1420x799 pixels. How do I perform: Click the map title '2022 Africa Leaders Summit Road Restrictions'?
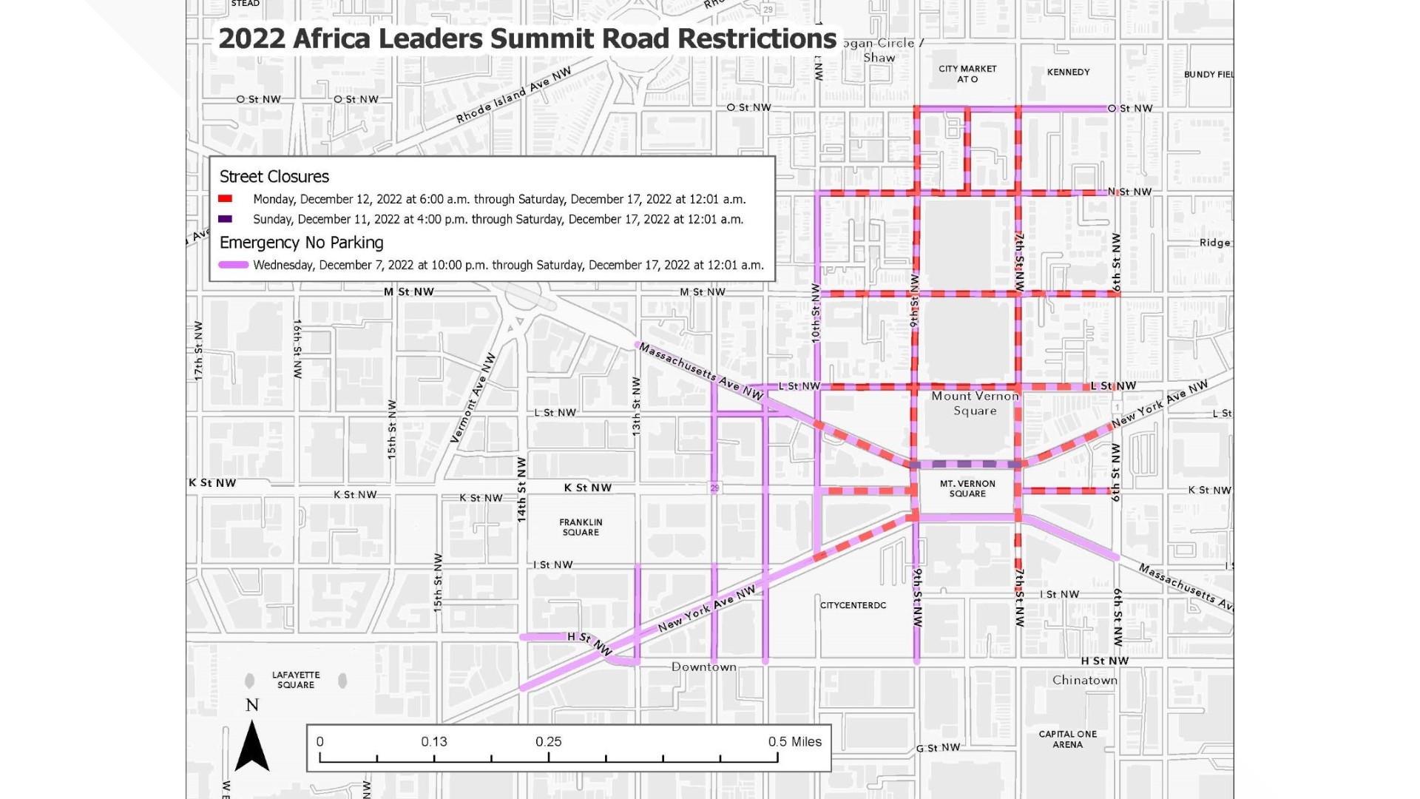click(527, 38)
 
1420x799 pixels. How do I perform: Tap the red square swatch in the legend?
click(226, 199)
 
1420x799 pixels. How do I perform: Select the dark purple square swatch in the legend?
click(226, 219)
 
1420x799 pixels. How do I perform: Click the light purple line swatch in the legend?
click(233, 265)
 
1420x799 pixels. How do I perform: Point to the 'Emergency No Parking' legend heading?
click(301, 243)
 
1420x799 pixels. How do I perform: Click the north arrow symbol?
click(251, 744)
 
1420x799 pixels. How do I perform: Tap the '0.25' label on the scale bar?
click(548, 741)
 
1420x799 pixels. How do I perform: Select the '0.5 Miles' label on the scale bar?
click(794, 741)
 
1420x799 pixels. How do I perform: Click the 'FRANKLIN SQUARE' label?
click(581, 527)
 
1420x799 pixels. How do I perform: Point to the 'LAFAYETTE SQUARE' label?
click(296, 680)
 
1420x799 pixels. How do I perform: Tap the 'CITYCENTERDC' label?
click(853, 605)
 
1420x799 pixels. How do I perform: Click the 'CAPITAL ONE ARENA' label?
click(1067, 739)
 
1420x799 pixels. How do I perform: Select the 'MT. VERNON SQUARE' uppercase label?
click(967, 488)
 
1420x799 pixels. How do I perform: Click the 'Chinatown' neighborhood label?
click(1085, 680)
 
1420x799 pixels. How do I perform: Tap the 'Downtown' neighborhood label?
click(703, 667)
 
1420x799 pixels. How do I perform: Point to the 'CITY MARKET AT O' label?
click(967, 73)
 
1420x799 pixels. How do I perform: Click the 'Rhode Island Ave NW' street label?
click(513, 95)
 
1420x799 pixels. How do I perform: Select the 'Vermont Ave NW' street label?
click(473, 398)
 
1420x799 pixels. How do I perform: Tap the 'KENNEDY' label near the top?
click(1068, 72)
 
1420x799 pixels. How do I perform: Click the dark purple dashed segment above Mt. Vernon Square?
click(966, 465)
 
